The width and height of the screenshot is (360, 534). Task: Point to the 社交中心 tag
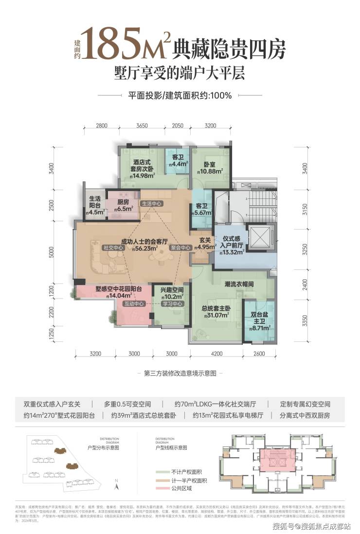click(x=112, y=248)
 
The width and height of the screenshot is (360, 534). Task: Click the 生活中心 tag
click(x=152, y=203)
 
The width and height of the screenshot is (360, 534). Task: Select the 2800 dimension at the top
click(x=101, y=125)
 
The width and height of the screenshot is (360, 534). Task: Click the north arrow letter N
click(x=117, y=480)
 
